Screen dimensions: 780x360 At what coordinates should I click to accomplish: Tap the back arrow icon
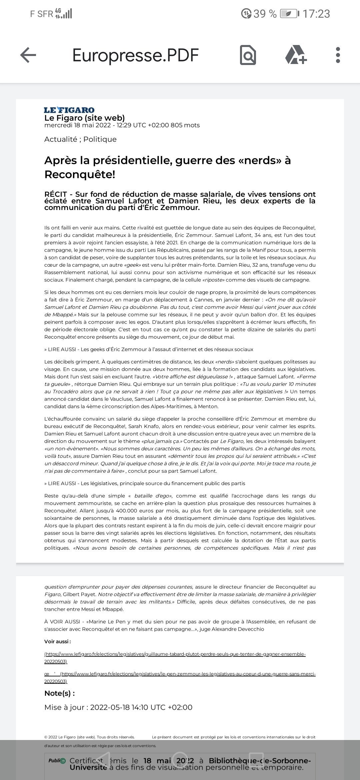28,55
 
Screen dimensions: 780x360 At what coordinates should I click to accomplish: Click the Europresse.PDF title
135,55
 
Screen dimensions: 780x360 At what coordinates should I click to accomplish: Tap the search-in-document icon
248,55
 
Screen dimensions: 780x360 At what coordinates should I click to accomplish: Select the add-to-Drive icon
296,55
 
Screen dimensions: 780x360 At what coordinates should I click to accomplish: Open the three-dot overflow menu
338,55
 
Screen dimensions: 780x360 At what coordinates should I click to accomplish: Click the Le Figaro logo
69,110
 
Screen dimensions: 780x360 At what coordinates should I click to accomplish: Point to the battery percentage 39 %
265,14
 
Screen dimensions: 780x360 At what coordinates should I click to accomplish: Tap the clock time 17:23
316,14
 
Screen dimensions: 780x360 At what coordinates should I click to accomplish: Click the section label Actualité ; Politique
80,139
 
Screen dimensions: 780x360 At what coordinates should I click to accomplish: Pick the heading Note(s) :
59,693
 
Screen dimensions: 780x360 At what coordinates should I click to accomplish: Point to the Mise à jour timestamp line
118,707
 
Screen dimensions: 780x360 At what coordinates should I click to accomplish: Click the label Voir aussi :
58,641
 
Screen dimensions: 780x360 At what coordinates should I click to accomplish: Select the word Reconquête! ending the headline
80,174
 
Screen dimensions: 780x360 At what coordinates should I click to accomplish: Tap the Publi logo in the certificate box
57,761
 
